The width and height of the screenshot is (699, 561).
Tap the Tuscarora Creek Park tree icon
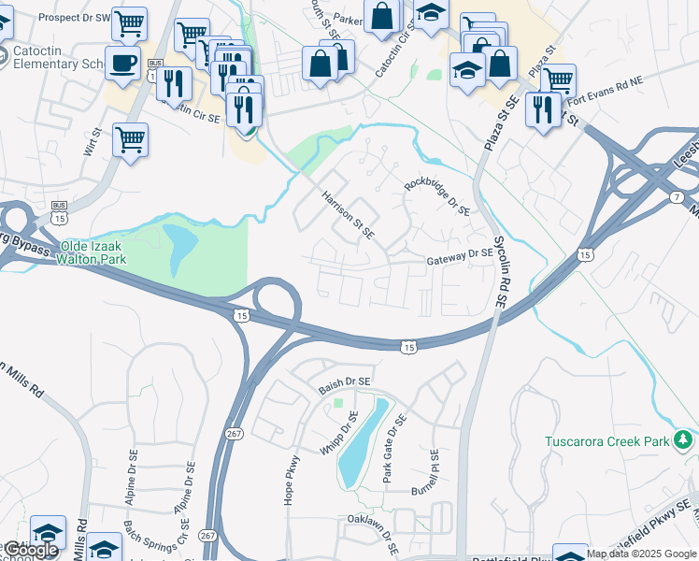tap(684, 439)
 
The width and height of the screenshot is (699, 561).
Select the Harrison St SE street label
tap(348, 214)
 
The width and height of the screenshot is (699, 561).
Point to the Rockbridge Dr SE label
tap(436, 197)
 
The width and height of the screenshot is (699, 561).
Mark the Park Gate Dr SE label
tap(395, 449)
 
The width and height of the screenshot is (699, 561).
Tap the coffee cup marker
tap(123, 64)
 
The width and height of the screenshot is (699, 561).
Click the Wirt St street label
tap(92, 149)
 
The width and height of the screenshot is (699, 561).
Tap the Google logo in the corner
tap(31, 550)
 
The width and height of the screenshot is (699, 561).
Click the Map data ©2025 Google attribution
tap(641, 554)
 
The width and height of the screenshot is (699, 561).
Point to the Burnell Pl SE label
tap(435, 472)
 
